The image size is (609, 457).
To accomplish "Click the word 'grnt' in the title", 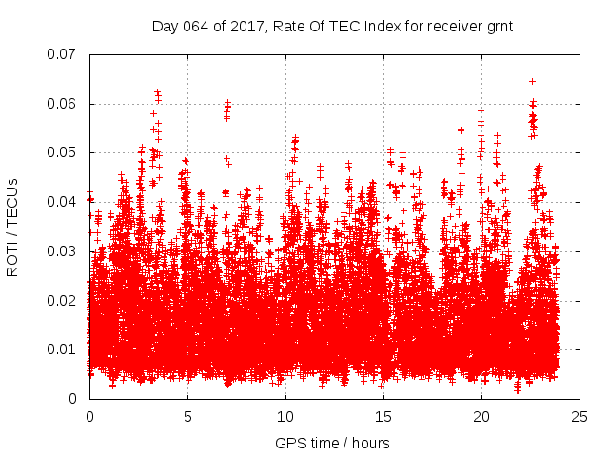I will point(500,27).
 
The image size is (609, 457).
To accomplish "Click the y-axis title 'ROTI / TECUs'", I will point(12,227).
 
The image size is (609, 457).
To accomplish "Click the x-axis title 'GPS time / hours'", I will point(332,443).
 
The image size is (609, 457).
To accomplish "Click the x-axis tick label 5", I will point(187,417).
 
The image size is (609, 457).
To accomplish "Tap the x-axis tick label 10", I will point(285,417).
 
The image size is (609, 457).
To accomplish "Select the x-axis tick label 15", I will point(383,417).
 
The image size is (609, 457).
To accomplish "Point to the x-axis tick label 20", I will point(481,417).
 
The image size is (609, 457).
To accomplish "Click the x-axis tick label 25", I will point(580,417).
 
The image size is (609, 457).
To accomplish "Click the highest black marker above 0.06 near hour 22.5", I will point(532,81).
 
